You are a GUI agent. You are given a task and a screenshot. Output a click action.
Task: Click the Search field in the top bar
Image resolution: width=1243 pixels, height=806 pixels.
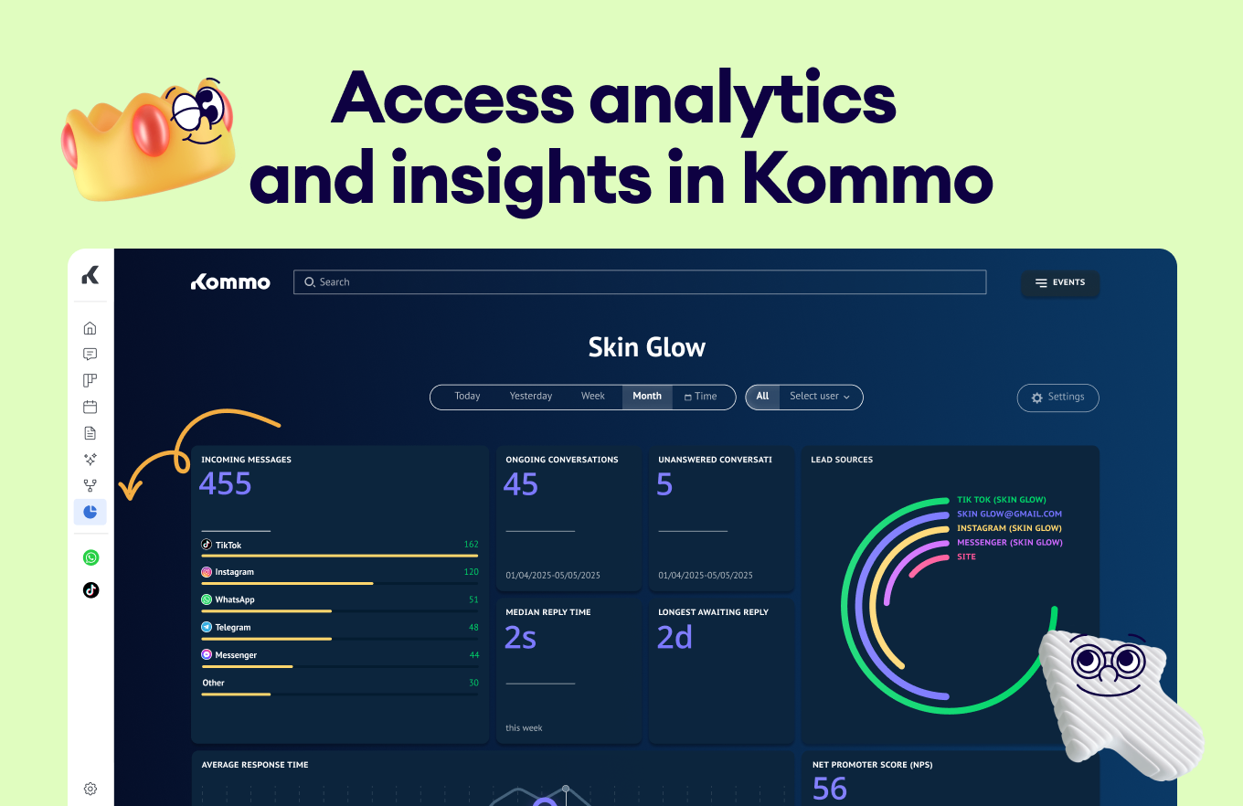[x=639, y=282]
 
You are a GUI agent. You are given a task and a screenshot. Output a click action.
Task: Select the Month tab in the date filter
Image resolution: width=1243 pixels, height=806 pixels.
[x=647, y=397]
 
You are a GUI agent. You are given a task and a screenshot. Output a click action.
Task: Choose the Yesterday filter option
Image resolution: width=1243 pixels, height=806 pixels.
[x=531, y=397]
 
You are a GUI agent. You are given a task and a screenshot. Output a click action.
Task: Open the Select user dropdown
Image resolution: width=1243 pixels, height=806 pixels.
[x=820, y=397]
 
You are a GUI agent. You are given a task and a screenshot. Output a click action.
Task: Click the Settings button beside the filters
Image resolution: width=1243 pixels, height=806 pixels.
[x=1057, y=398]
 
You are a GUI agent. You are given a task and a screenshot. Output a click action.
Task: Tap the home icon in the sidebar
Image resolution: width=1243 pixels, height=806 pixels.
[x=90, y=328]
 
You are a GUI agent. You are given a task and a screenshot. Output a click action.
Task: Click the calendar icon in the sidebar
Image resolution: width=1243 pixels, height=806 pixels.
[x=90, y=408]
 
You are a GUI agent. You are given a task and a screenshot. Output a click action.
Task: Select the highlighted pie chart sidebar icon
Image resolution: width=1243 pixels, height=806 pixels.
[x=90, y=512]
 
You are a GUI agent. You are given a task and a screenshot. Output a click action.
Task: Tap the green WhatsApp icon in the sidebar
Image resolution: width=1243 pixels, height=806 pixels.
[x=90, y=557]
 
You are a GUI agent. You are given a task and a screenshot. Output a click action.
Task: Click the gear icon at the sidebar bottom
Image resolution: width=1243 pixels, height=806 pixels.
[x=90, y=789]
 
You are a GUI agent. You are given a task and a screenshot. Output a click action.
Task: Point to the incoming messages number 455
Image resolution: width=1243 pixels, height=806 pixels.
[x=225, y=483]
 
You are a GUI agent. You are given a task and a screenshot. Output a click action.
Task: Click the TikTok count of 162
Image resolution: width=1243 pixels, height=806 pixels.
[x=471, y=545]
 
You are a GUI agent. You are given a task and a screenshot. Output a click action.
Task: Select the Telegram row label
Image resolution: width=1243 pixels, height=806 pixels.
[x=232, y=628]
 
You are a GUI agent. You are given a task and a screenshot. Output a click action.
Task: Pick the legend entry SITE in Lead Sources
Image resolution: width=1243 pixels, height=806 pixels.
[x=966, y=557]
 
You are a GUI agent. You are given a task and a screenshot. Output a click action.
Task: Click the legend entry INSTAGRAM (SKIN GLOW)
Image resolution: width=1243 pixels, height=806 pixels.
[x=1009, y=528]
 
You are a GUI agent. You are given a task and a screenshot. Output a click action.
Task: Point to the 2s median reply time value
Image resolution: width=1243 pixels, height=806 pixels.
[x=520, y=637]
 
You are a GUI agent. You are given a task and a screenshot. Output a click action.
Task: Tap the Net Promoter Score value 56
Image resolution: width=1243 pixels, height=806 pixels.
[x=830, y=788]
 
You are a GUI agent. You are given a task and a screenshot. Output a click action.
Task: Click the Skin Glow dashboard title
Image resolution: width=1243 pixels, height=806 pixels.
[x=647, y=347]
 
